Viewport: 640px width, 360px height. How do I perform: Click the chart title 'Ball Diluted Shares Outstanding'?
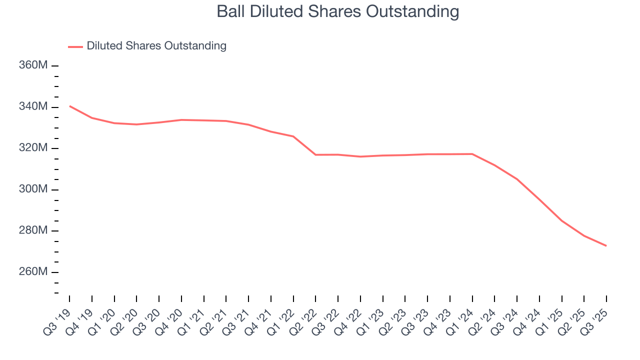337,11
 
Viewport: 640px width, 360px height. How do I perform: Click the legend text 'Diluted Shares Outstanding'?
156,46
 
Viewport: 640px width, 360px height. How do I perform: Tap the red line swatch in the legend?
75,46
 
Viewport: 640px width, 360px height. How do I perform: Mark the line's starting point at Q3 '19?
69,106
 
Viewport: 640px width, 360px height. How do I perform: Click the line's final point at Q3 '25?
606,245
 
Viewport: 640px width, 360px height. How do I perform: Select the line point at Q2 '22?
315,155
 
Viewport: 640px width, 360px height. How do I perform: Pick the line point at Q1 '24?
472,154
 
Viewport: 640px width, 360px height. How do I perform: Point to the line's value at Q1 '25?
562,220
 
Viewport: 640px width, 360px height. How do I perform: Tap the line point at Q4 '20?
181,120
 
